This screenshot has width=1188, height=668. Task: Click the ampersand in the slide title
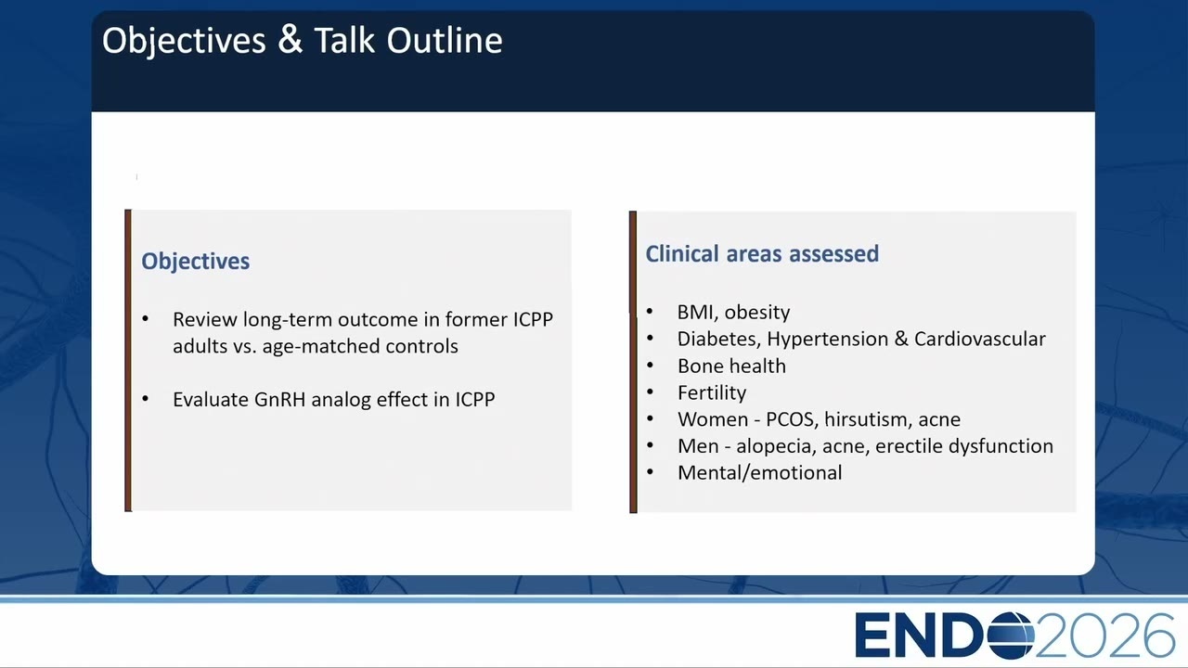(291, 40)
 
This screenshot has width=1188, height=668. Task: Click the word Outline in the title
(445, 40)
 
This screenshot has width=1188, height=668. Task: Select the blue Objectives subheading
(195, 262)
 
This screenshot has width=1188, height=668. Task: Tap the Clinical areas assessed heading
(762, 253)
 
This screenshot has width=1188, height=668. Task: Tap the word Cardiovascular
(980, 339)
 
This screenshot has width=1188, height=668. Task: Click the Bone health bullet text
(732, 366)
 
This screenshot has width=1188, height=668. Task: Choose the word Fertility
(712, 392)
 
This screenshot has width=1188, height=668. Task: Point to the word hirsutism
(866, 419)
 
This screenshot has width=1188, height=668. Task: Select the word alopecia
(776, 446)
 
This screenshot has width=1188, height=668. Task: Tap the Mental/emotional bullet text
(760, 473)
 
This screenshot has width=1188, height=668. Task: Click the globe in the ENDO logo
(1011, 636)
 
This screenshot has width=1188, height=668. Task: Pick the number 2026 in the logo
(1104, 636)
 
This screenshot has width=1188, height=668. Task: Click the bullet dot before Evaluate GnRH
(146, 399)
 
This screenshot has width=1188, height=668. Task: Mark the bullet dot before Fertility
(650, 392)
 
